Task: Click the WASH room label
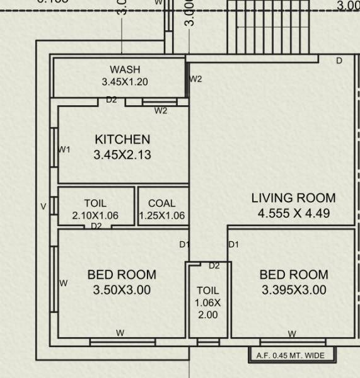(x=125, y=69)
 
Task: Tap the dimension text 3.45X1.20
(x=125, y=82)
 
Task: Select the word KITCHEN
(x=122, y=139)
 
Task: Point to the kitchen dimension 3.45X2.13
(x=122, y=155)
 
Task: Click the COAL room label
(x=161, y=203)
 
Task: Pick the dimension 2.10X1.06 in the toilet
(x=95, y=215)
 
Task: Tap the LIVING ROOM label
(x=293, y=198)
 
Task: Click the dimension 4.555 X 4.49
(x=293, y=214)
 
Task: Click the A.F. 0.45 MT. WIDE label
(x=291, y=356)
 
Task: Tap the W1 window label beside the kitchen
(x=64, y=150)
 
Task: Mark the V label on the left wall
(x=44, y=207)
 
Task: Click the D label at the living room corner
(x=339, y=61)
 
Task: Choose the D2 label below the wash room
(x=112, y=100)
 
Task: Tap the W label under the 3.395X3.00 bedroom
(x=292, y=334)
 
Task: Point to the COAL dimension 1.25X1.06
(x=162, y=215)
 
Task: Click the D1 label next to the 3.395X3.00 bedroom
(x=233, y=244)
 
